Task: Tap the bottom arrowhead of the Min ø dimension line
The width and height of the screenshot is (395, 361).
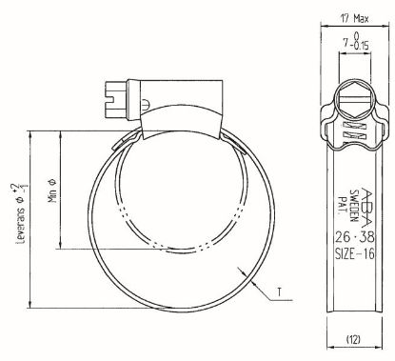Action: tap(63, 250)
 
